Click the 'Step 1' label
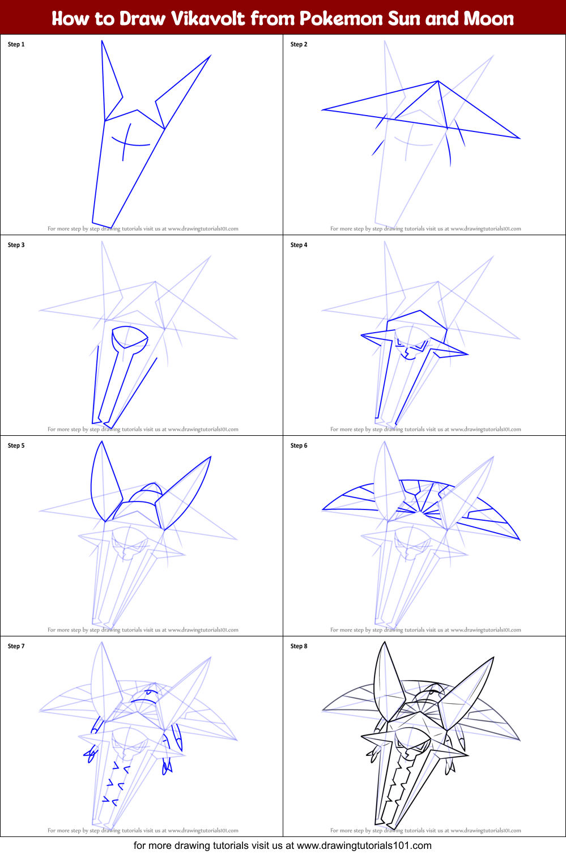pos(16,44)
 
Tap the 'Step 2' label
pos(299,44)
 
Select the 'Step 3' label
pos(16,245)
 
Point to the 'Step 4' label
pos(299,245)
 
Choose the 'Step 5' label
pos(16,445)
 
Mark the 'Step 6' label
pos(299,445)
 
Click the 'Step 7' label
pos(16,646)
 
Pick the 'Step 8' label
pos(299,646)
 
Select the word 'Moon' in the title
pos(488,19)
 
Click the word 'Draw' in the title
pos(142,19)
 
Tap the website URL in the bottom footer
pos(364,845)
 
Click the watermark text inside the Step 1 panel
pos(143,229)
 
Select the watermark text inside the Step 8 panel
pos(425,831)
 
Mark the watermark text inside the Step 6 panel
pos(425,630)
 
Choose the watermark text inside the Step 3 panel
pos(143,430)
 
